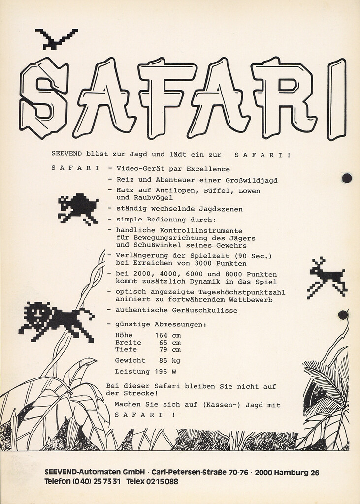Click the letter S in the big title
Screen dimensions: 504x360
(43, 97)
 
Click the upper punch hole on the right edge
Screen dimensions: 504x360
(347, 178)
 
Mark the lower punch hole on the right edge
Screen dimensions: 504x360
(343, 315)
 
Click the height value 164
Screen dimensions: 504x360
(161, 335)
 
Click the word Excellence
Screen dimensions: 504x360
(208, 169)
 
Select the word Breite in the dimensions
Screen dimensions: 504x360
(128, 343)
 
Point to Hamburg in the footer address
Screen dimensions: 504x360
(293, 472)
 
